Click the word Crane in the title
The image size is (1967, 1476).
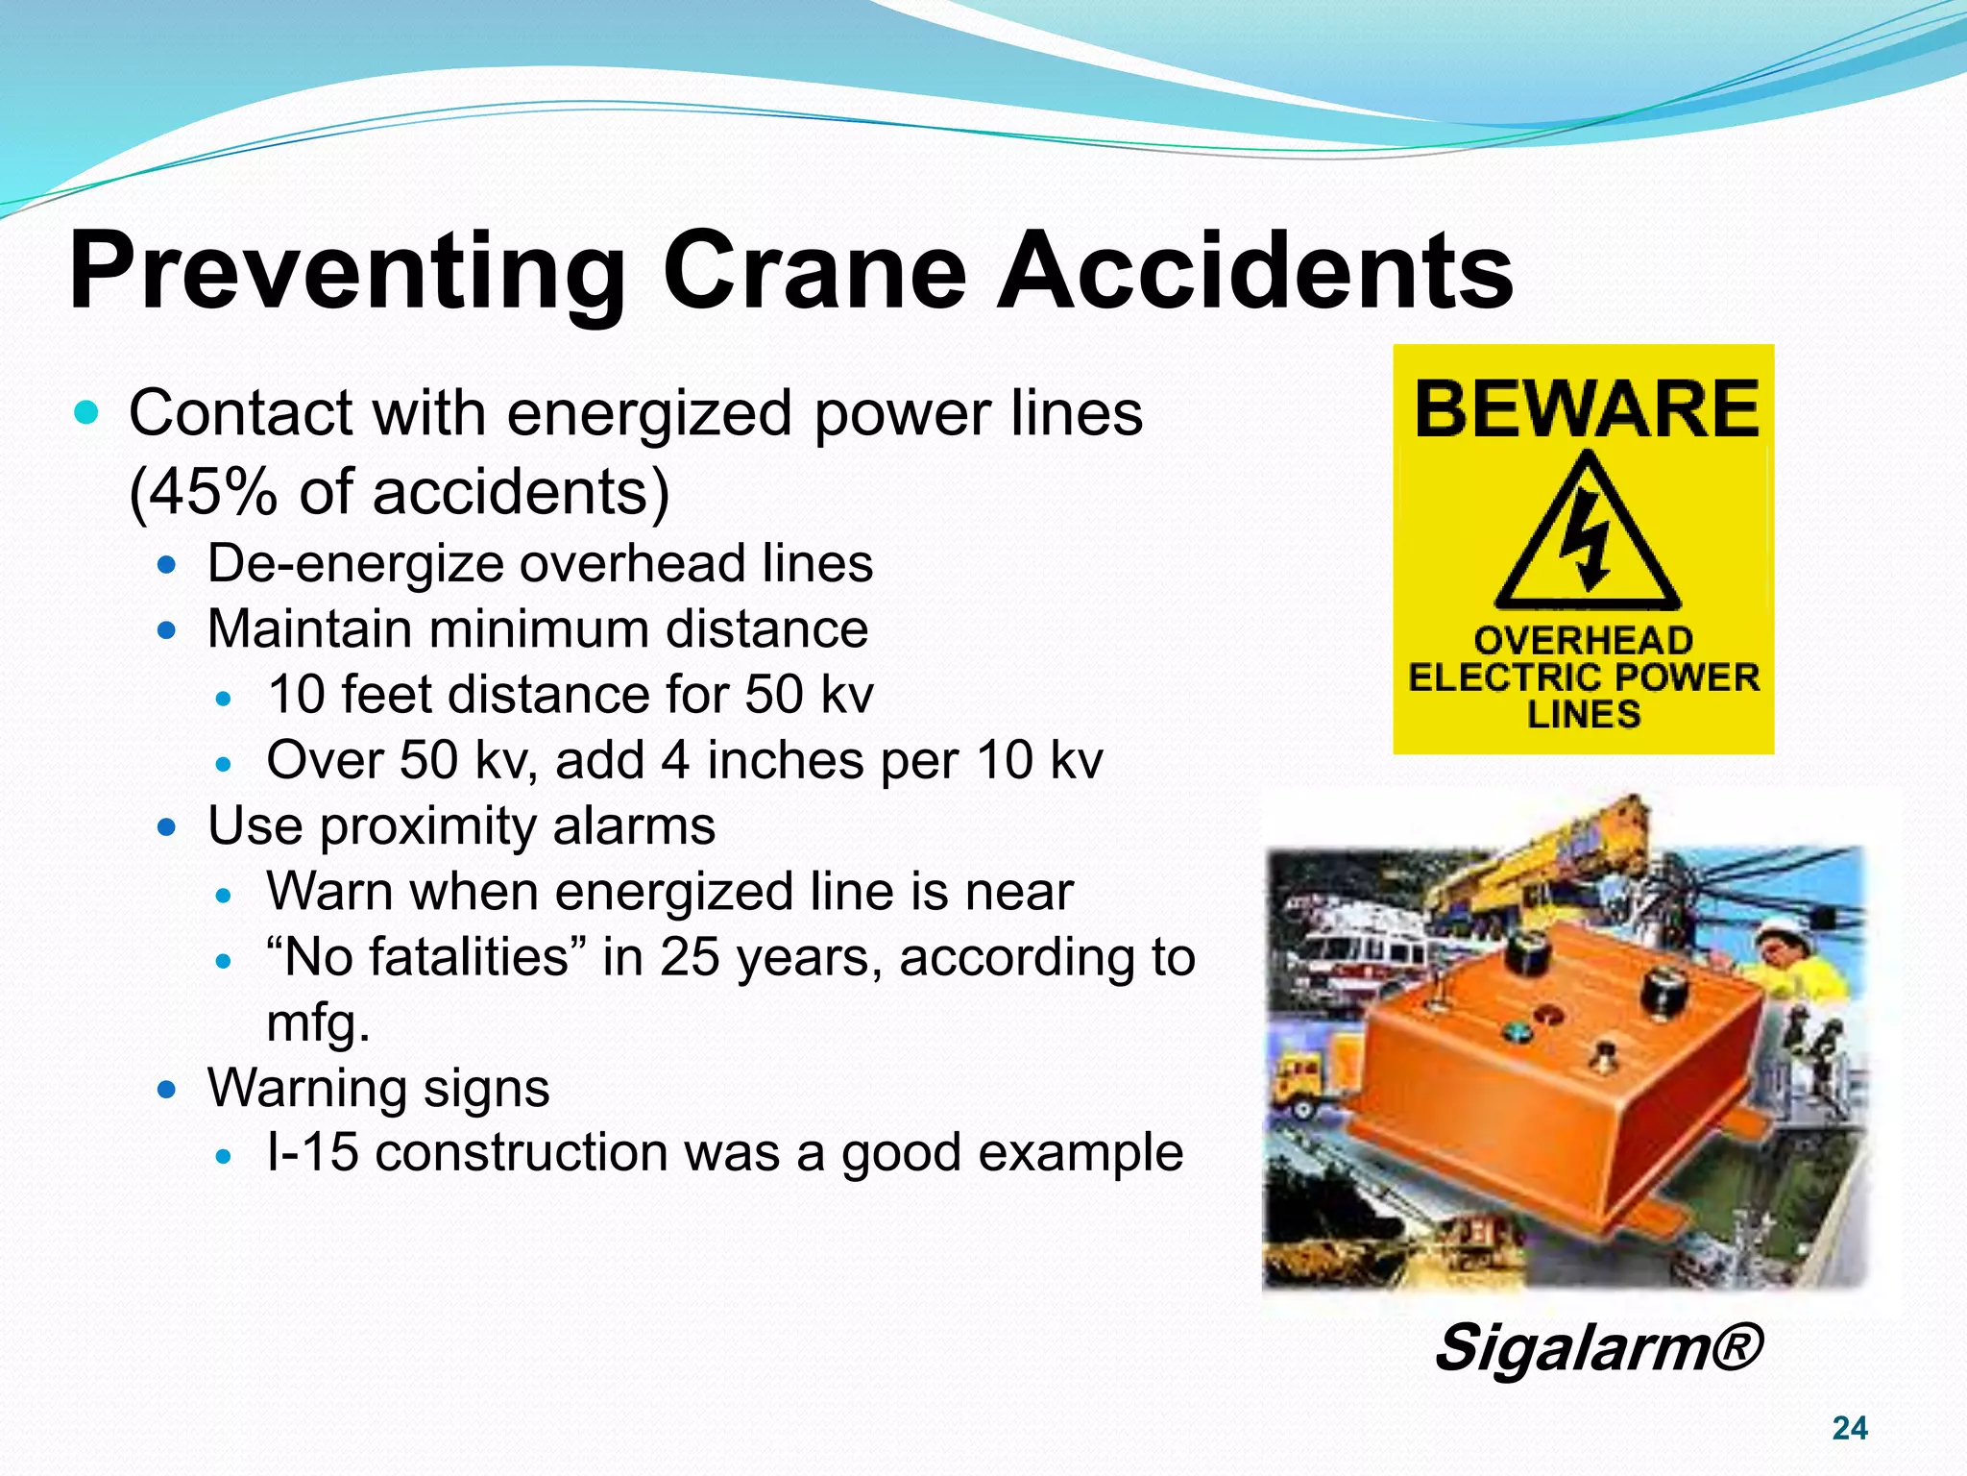(x=814, y=272)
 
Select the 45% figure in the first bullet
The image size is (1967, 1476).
(x=211, y=492)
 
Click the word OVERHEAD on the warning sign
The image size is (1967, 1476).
(x=1583, y=640)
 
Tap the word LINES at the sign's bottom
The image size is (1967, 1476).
(x=1584, y=715)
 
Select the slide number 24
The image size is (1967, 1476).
(x=1849, y=1428)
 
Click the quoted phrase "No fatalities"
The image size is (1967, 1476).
(x=418, y=957)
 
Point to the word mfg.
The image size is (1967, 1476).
(x=318, y=1022)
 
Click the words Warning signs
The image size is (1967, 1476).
(x=378, y=1088)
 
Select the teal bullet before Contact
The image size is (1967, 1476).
(x=86, y=413)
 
